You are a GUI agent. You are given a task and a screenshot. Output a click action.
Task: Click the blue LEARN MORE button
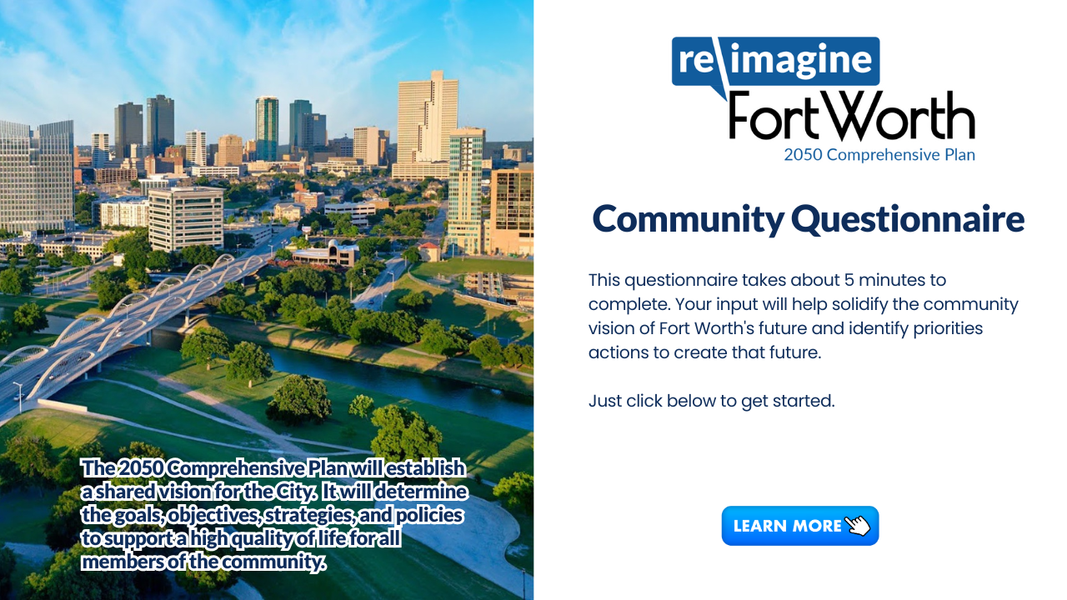click(x=799, y=526)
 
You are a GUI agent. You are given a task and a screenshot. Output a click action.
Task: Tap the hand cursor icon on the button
click(x=858, y=526)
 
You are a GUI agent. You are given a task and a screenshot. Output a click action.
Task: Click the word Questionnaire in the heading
click(x=908, y=219)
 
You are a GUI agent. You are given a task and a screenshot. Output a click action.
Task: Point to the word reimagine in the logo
click(x=775, y=61)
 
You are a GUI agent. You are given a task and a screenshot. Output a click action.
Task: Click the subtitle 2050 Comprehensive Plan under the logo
click(x=879, y=155)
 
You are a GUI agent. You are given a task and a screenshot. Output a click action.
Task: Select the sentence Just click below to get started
click(x=712, y=401)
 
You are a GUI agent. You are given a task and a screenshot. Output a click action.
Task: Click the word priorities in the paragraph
click(x=948, y=328)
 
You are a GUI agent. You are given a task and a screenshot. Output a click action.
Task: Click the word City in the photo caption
click(x=295, y=492)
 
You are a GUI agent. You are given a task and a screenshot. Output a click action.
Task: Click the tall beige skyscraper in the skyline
click(x=427, y=124)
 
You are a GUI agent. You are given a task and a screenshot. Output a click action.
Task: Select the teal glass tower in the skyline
click(x=267, y=128)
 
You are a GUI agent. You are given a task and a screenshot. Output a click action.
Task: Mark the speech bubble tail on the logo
click(x=719, y=92)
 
